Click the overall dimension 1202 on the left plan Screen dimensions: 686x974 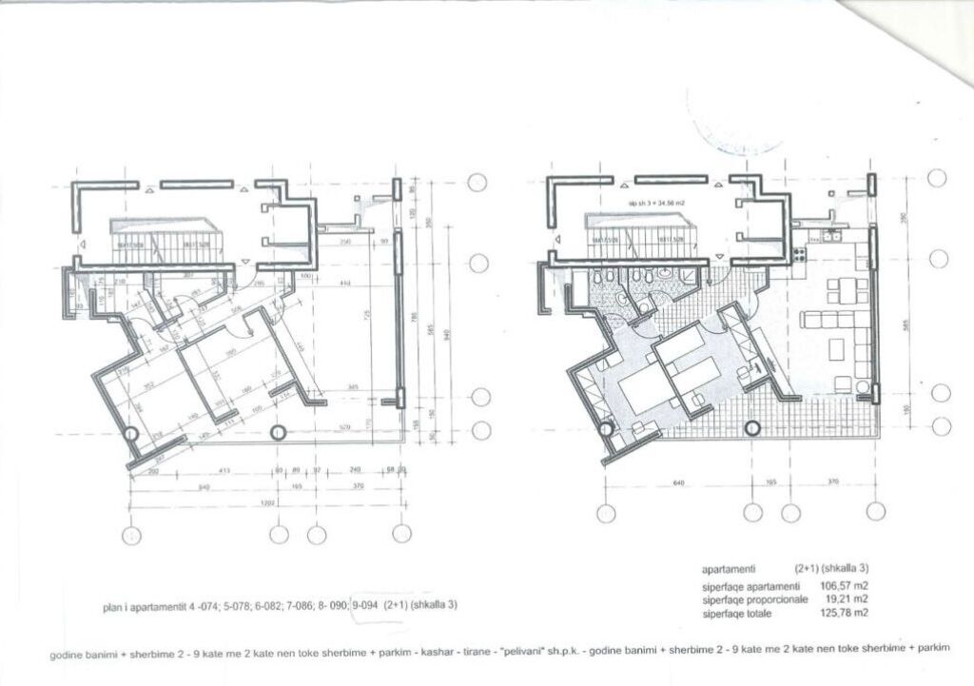click(x=267, y=501)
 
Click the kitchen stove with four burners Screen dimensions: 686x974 click(x=799, y=253)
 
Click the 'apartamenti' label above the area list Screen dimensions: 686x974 click(x=729, y=568)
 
